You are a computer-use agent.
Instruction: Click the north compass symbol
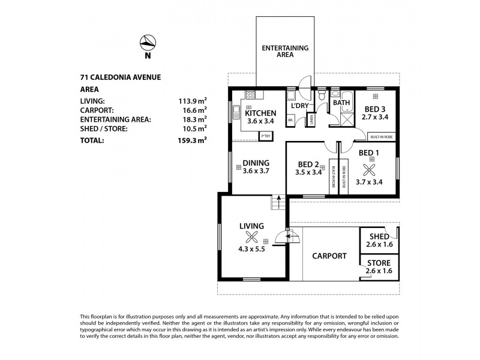click(x=147, y=43)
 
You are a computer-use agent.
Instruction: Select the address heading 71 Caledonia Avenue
click(x=121, y=76)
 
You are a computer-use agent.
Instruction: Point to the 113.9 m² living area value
click(x=194, y=101)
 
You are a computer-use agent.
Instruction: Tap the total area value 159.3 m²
click(x=193, y=141)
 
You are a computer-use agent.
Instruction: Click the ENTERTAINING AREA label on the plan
click(x=284, y=50)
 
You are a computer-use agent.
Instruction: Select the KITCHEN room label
click(x=260, y=113)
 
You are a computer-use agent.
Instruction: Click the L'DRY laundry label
click(x=299, y=107)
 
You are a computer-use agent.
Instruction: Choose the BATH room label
click(x=341, y=103)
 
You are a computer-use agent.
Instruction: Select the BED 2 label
click(x=309, y=164)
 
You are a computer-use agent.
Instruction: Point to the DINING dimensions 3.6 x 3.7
click(x=256, y=171)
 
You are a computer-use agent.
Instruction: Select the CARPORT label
click(x=329, y=256)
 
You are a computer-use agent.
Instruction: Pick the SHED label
click(x=379, y=236)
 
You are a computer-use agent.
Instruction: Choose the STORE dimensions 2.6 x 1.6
click(x=379, y=271)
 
